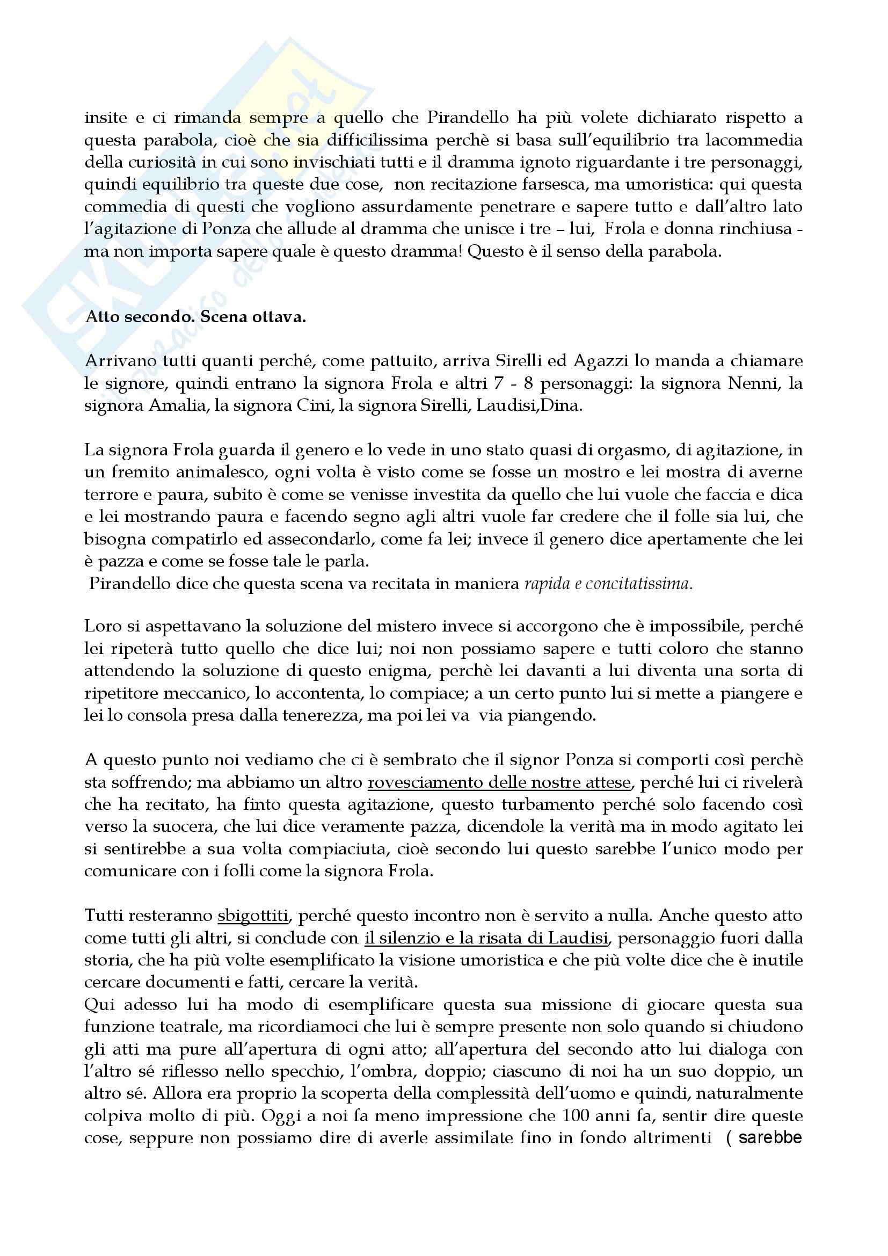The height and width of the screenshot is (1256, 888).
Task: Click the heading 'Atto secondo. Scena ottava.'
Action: (x=195, y=317)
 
